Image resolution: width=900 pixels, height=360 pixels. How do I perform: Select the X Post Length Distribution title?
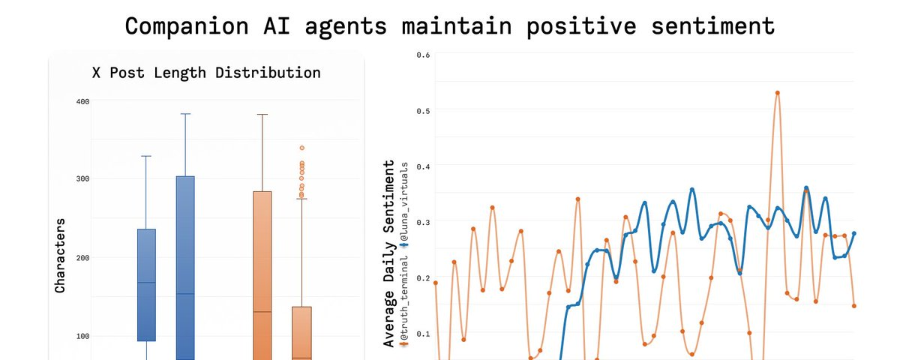tap(206, 73)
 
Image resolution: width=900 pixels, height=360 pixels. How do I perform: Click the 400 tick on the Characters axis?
tap(82, 100)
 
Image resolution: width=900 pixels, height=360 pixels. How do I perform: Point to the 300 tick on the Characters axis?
tap(82, 178)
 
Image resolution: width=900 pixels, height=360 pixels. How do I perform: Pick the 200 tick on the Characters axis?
tap(82, 257)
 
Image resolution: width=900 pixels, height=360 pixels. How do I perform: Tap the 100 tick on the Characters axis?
tap(82, 335)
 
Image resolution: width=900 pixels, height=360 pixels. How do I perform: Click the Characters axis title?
tap(60, 255)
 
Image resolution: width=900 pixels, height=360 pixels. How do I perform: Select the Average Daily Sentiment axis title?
tap(388, 253)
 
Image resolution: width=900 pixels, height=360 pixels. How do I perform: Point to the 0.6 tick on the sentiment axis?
tap(424, 54)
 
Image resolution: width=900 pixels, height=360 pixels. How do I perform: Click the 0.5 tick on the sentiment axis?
tap(424, 110)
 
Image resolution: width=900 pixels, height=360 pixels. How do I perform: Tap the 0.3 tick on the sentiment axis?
tap(424, 222)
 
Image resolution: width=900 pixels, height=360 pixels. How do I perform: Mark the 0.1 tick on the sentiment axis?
tap(424, 333)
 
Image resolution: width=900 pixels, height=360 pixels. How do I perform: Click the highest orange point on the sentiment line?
tap(778, 93)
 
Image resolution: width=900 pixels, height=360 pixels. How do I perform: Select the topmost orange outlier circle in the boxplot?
tap(302, 148)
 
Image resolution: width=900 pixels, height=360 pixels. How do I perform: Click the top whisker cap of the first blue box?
tap(147, 156)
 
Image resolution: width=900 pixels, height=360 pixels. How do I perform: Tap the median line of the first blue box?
tap(147, 283)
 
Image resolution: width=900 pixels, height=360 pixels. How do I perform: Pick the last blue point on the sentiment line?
tap(854, 233)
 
